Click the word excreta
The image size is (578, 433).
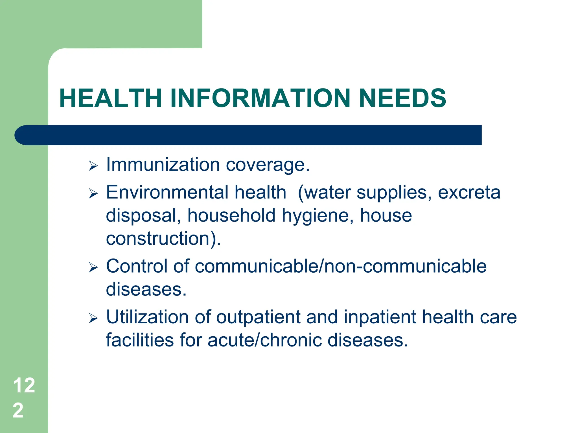click(469, 193)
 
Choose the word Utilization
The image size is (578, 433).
click(147, 317)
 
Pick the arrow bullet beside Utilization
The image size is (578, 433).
click(93, 318)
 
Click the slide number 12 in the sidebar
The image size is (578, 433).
click(24, 385)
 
